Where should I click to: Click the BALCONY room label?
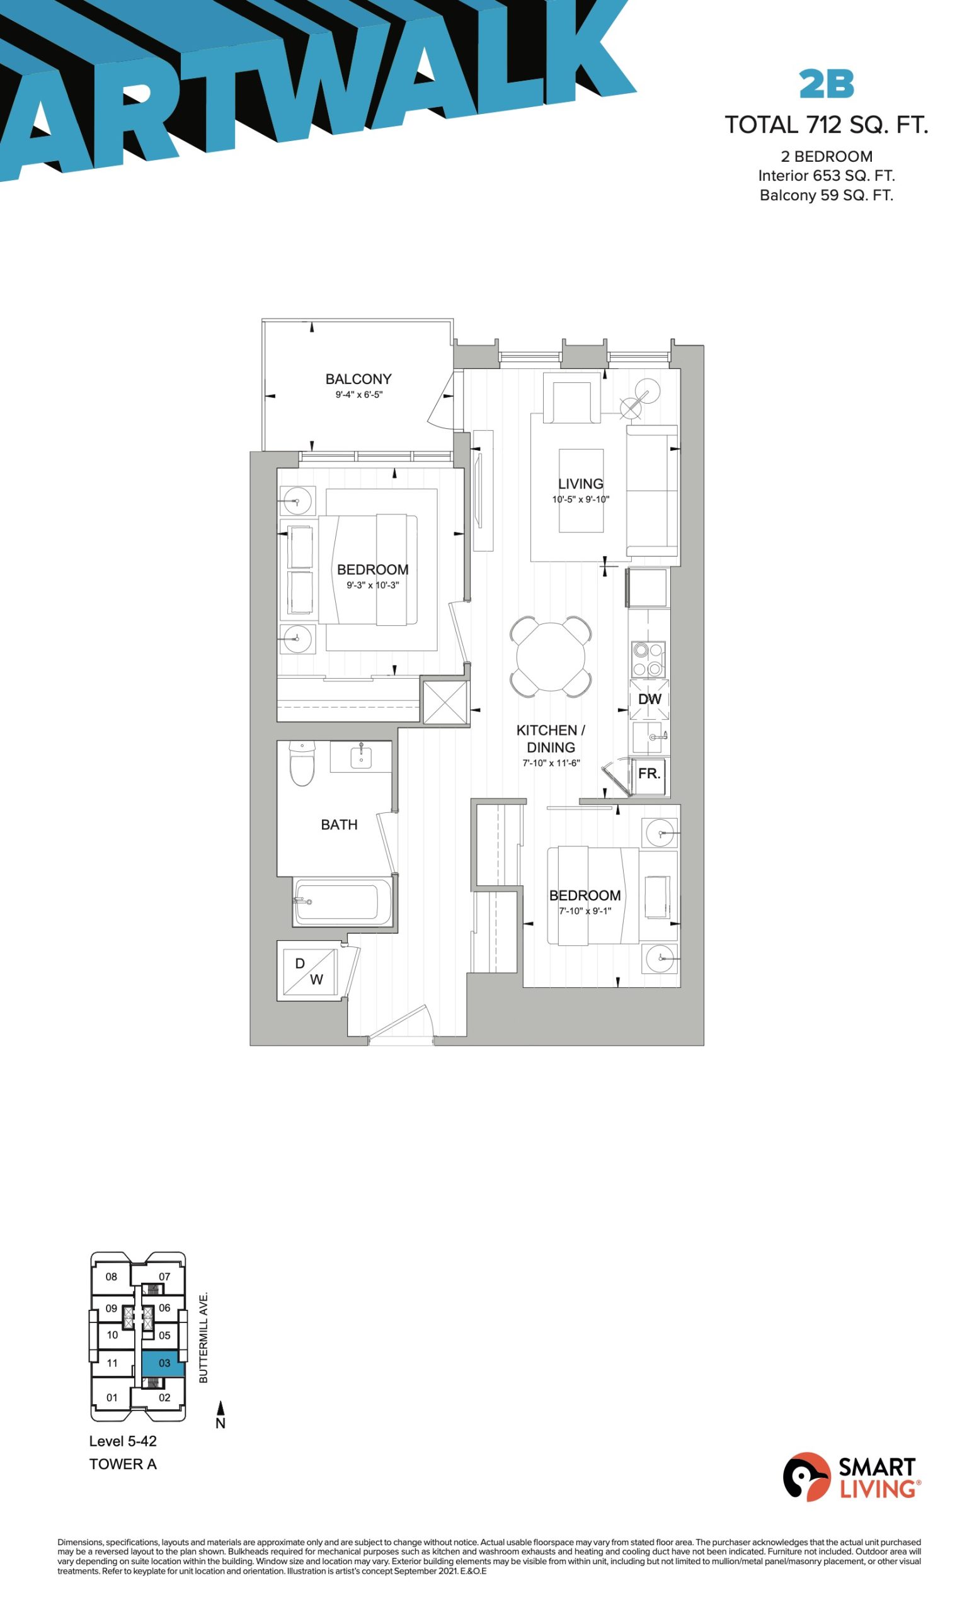click(x=358, y=379)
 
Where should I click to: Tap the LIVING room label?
click(x=580, y=484)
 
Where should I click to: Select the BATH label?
click(x=339, y=824)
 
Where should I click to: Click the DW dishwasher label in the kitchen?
click(x=650, y=699)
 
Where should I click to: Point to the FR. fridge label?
click(x=649, y=773)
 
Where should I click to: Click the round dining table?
click(x=551, y=656)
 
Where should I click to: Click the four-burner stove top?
click(x=648, y=659)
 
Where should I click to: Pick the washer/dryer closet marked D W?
click(x=308, y=971)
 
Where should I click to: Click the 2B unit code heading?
click(x=827, y=84)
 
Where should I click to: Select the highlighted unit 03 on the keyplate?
click(x=164, y=1363)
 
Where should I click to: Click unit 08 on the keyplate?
click(x=112, y=1276)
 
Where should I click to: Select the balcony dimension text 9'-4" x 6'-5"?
click(x=358, y=395)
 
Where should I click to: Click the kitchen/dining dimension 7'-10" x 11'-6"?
click(x=551, y=763)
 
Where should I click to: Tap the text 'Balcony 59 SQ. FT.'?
click(x=827, y=195)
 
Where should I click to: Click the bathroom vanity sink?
click(x=360, y=756)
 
